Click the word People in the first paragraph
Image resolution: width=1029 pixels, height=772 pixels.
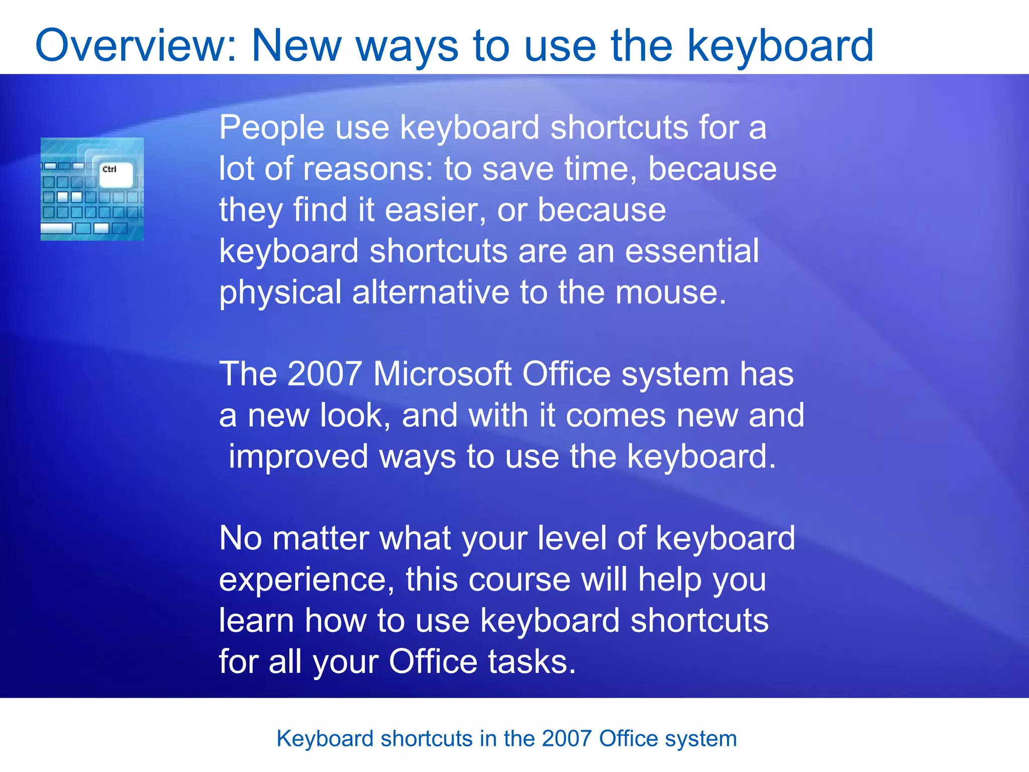271,128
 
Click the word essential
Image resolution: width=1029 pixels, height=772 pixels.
691,251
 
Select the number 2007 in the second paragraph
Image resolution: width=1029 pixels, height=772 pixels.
325,374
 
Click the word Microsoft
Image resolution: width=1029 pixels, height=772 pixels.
442,374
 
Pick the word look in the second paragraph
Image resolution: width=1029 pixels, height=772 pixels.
355,416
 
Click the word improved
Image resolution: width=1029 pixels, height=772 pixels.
298,457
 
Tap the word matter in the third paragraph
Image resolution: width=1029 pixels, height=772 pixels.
321,539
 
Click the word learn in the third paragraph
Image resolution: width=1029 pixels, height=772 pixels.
256,621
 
